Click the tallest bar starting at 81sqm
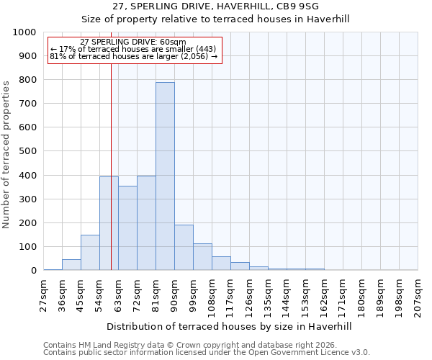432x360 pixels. click(x=165, y=176)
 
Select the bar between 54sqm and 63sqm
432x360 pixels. click(x=109, y=223)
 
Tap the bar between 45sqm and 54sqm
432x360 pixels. click(x=90, y=253)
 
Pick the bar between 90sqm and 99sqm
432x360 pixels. click(x=184, y=248)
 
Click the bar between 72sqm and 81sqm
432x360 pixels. click(x=146, y=223)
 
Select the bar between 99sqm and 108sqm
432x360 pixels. click(x=202, y=257)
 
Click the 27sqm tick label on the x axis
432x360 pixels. click(x=44, y=296)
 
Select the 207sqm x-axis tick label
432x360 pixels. click(x=418, y=296)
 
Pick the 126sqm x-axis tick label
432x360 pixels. click(x=250, y=296)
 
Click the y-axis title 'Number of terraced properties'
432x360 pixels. click(x=7, y=154)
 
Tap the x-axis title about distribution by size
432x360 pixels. click(x=230, y=326)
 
